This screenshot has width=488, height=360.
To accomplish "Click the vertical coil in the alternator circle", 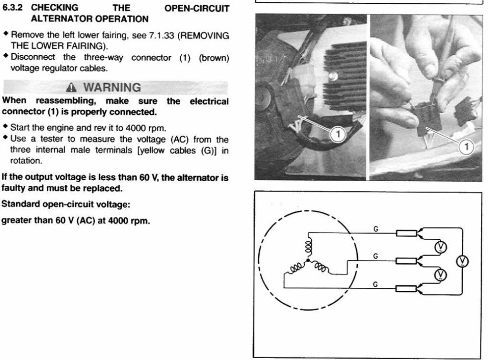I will pyautogui.click(x=308, y=249).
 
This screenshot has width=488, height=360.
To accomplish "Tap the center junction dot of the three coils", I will pyautogui.click(x=308, y=261).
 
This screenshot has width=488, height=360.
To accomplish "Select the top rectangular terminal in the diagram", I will pyautogui.click(x=406, y=233).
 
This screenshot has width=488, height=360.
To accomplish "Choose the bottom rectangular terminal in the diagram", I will pyautogui.click(x=406, y=288).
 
